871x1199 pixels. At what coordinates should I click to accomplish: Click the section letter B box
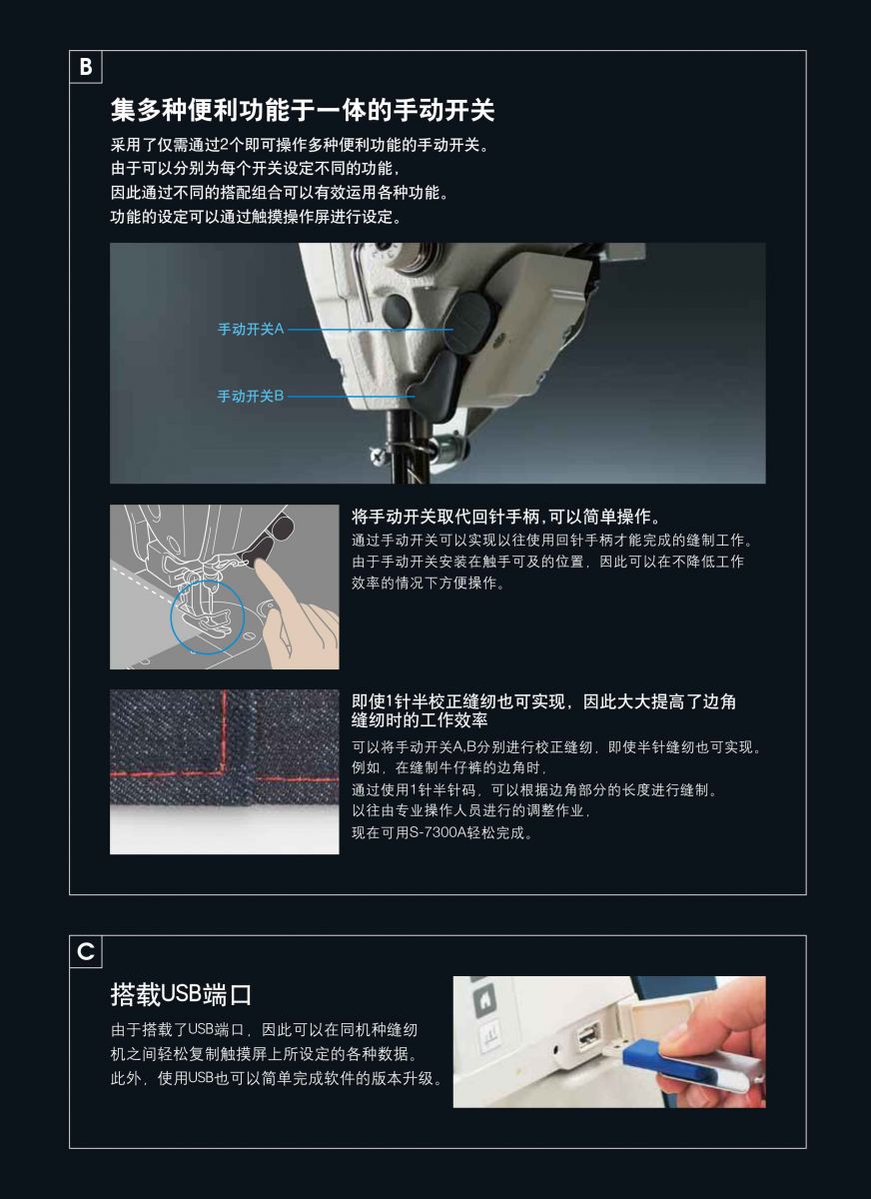pos(86,67)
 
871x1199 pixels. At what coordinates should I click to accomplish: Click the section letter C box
pos(86,951)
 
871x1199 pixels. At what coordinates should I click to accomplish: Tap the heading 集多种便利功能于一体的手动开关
pos(303,110)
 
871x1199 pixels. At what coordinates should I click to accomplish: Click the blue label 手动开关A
pos(251,329)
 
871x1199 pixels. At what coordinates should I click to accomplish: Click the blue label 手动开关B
pos(251,396)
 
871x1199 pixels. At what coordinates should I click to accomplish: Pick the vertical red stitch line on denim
pos(224,730)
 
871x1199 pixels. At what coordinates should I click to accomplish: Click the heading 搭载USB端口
pos(181,994)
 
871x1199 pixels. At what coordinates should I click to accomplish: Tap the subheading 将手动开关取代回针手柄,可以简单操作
pos(506,517)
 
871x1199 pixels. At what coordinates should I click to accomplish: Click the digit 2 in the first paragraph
pos(224,145)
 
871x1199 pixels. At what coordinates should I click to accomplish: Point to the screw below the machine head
pos(379,456)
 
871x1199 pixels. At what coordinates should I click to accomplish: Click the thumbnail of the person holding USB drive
pos(609,1041)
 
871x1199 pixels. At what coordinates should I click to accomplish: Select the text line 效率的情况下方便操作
pos(429,583)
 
